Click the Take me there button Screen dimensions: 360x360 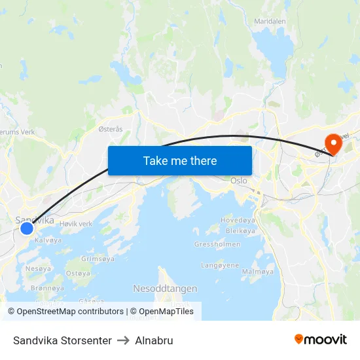coord(180,160)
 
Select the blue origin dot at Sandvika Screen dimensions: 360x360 coord(27,228)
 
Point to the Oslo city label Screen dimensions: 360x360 coord(238,180)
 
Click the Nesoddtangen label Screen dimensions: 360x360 coord(165,288)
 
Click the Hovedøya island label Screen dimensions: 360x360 coord(236,220)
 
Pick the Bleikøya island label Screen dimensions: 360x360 coord(240,230)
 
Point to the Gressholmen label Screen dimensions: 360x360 coord(217,244)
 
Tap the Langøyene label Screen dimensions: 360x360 coord(220,265)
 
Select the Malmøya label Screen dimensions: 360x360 coord(258,271)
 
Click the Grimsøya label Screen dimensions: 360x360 coord(98,259)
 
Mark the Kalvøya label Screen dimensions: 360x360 coord(48,240)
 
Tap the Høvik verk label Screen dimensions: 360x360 coord(76,224)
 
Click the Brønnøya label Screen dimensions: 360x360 coord(47,287)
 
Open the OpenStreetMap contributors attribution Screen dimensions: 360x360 coord(65,312)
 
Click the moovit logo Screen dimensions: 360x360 coord(321,340)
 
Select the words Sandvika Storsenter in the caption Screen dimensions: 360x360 coord(62,340)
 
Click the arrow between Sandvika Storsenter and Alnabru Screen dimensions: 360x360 coord(123,340)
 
